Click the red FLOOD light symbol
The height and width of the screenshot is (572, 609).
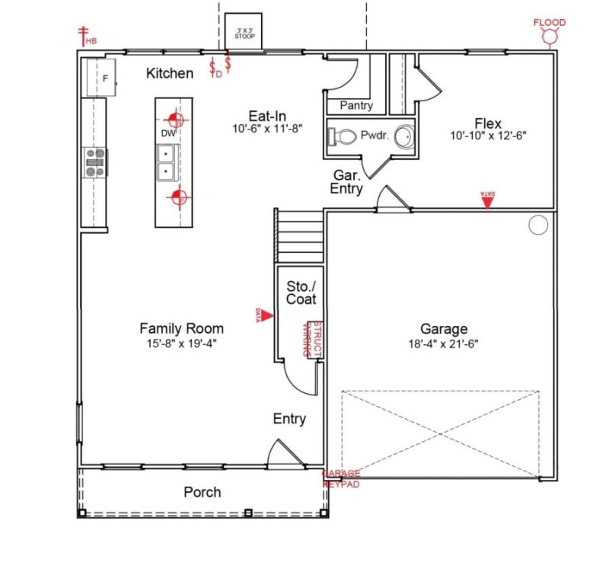point(550,35)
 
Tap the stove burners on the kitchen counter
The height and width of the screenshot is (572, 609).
point(94,161)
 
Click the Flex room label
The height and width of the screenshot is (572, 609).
point(487,123)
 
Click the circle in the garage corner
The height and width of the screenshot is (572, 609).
point(538,225)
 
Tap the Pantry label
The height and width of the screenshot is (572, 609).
point(356,106)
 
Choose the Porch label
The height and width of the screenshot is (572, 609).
point(202,492)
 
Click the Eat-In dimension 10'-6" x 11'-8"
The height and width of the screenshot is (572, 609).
point(268,129)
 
